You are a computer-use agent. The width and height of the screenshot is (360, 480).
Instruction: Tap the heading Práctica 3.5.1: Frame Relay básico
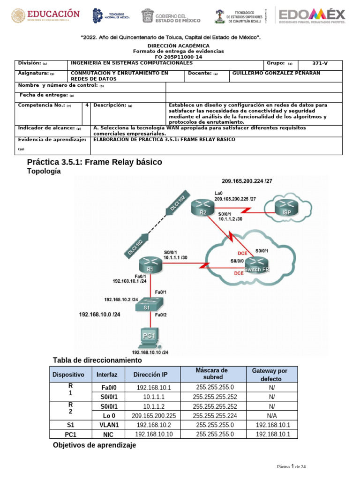coord(95,162)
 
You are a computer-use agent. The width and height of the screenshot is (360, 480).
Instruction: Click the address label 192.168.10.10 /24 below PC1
coord(150,352)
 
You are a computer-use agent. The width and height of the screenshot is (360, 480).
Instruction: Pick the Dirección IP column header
coord(150,375)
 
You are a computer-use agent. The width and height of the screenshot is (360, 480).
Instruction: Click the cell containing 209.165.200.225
coord(154,415)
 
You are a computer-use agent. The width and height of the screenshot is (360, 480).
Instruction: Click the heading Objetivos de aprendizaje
coord(95,445)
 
